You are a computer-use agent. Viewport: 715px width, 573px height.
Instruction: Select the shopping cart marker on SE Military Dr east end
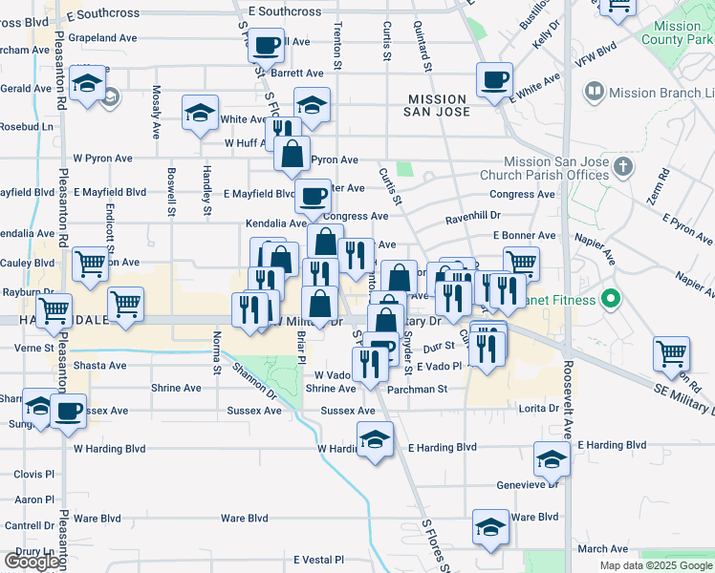click(x=672, y=352)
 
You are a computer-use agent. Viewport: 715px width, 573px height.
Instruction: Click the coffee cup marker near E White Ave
click(x=494, y=79)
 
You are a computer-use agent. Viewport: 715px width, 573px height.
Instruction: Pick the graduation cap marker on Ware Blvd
click(x=490, y=525)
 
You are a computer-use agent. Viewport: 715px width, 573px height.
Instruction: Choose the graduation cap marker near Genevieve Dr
click(x=552, y=459)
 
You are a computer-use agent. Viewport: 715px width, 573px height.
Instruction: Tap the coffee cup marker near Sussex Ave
click(x=68, y=411)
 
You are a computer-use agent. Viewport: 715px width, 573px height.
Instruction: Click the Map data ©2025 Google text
click(x=655, y=565)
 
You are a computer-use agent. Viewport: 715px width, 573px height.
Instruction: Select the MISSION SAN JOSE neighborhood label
click(x=439, y=105)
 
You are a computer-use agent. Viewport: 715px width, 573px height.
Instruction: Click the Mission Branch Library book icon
click(x=595, y=93)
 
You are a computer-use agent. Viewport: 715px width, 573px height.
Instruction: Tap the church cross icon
click(x=624, y=168)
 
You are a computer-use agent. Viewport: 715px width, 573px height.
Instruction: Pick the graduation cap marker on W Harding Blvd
click(x=375, y=439)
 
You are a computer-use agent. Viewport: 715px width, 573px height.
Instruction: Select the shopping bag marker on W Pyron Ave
click(x=292, y=153)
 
